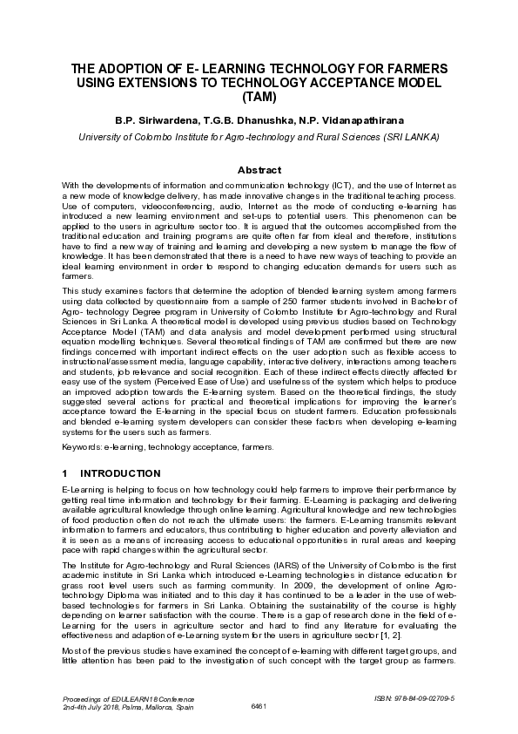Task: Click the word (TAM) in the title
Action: [259, 97]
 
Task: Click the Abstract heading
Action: [259, 170]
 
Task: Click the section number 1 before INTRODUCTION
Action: [64, 473]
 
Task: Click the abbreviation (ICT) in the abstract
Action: [343, 187]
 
